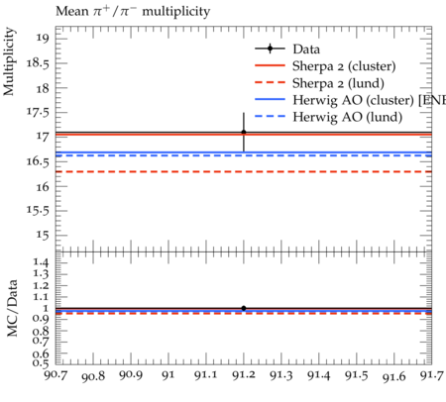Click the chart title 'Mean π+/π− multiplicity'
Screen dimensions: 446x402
133,11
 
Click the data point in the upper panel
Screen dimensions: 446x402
244,132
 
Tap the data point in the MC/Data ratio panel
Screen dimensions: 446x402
244,308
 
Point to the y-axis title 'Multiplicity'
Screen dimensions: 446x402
9,61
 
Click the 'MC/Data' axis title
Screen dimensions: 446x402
12,308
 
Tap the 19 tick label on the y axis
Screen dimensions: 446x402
42,38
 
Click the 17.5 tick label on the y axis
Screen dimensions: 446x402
38,112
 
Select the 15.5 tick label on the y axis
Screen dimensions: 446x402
38,210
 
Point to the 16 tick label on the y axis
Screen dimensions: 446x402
42,186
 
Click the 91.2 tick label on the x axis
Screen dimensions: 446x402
244,375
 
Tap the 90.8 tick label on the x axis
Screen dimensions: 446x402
93,376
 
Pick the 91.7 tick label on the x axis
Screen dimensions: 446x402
431,375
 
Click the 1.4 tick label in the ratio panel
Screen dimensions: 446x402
41,262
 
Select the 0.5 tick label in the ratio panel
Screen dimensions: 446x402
41,363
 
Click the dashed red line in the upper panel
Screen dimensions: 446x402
244,171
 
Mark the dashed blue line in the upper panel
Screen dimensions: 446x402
244,155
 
